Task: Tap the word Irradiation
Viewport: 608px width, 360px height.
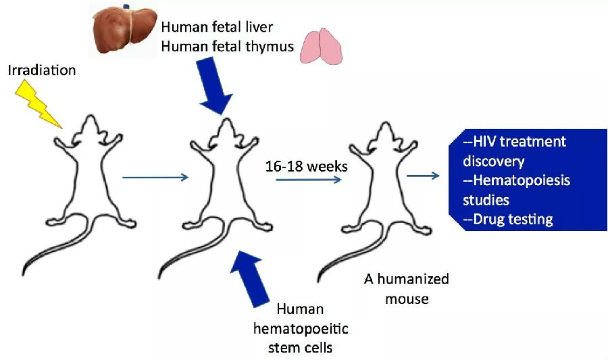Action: tap(42, 70)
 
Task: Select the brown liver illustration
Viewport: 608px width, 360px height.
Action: tap(125, 30)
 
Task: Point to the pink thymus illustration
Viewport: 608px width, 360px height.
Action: tap(322, 47)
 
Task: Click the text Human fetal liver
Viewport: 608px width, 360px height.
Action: tap(217, 27)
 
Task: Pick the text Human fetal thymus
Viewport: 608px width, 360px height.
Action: tap(228, 47)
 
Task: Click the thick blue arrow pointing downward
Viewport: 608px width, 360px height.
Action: tap(214, 85)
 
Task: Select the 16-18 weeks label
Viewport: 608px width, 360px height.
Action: tap(306, 167)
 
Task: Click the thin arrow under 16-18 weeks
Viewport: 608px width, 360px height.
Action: tap(309, 180)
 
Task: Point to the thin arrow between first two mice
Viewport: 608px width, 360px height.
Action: tap(155, 178)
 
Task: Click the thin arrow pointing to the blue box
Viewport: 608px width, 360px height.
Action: tap(423, 176)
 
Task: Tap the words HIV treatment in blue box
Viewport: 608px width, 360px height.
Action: tap(515, 141)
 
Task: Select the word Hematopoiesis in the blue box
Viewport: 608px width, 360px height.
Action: tap(522, 180)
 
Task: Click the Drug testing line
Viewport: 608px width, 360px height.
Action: tap(508, 220)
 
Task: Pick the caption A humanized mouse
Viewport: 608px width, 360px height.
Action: tap(407, 288)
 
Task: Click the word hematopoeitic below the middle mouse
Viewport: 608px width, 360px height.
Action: tap(301, 329)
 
